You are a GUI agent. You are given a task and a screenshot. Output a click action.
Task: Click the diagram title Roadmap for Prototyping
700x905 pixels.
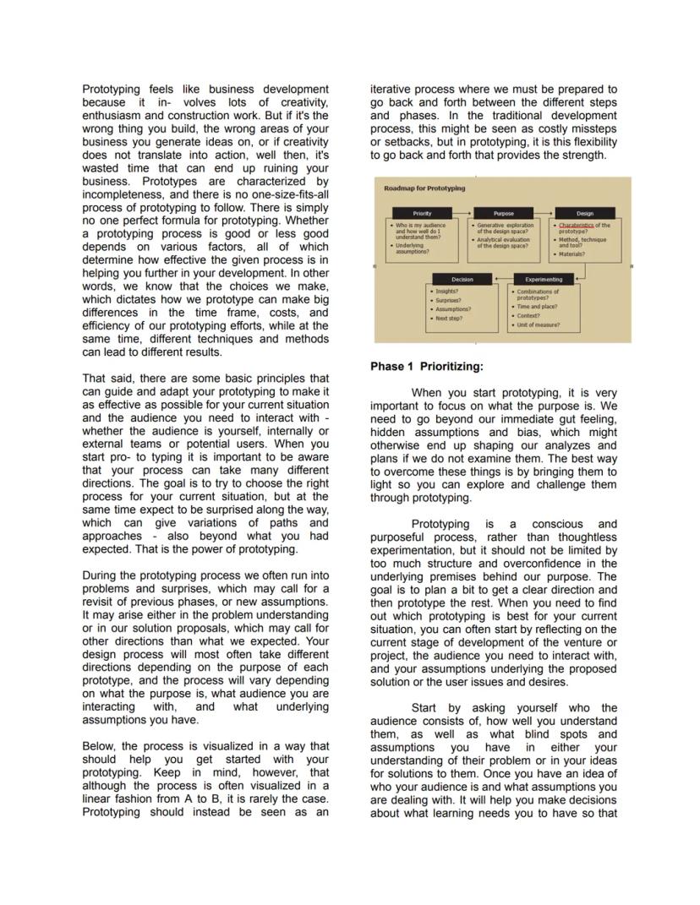coord(424,188)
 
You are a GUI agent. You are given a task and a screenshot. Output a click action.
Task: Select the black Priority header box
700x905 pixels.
coord(421,214)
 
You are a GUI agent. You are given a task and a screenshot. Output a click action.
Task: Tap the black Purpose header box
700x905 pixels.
coord(503,214)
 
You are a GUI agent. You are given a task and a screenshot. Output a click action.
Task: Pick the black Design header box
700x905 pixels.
coord(584,214)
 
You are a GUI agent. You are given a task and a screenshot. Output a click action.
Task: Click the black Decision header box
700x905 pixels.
coord(462,279)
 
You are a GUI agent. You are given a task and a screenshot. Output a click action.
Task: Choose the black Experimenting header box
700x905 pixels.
coord(544,279)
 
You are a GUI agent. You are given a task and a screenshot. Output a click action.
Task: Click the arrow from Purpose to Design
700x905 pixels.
coord(544,214)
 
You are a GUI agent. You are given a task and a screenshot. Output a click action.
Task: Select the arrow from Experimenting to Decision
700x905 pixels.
coord(503,279)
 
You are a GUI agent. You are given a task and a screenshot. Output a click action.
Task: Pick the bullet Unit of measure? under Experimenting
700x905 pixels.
coord(538,324)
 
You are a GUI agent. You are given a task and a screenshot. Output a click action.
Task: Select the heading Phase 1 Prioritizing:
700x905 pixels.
coord(427,367)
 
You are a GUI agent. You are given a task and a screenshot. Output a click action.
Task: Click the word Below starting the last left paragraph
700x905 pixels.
coord(100,746)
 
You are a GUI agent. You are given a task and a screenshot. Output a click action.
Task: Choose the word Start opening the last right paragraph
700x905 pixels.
coord(429,707)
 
